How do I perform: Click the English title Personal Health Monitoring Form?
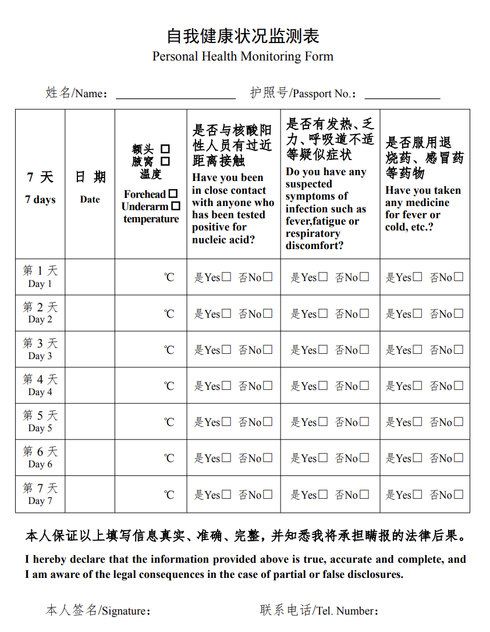243,56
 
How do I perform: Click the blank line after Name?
176,94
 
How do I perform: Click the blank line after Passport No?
402,94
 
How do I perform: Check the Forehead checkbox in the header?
173,194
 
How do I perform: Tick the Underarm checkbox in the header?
176,206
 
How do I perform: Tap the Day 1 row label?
40,277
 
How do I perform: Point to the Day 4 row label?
40,385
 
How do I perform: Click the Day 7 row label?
40,494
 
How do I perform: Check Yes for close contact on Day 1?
226,277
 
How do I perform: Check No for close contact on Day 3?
268,349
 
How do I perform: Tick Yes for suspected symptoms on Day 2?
323,313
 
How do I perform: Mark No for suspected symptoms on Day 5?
364,421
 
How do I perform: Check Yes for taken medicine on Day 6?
418,458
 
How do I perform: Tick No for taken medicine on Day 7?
459,494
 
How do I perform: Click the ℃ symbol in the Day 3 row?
169,350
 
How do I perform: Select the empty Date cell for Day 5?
90,421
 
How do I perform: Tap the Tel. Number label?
319,610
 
